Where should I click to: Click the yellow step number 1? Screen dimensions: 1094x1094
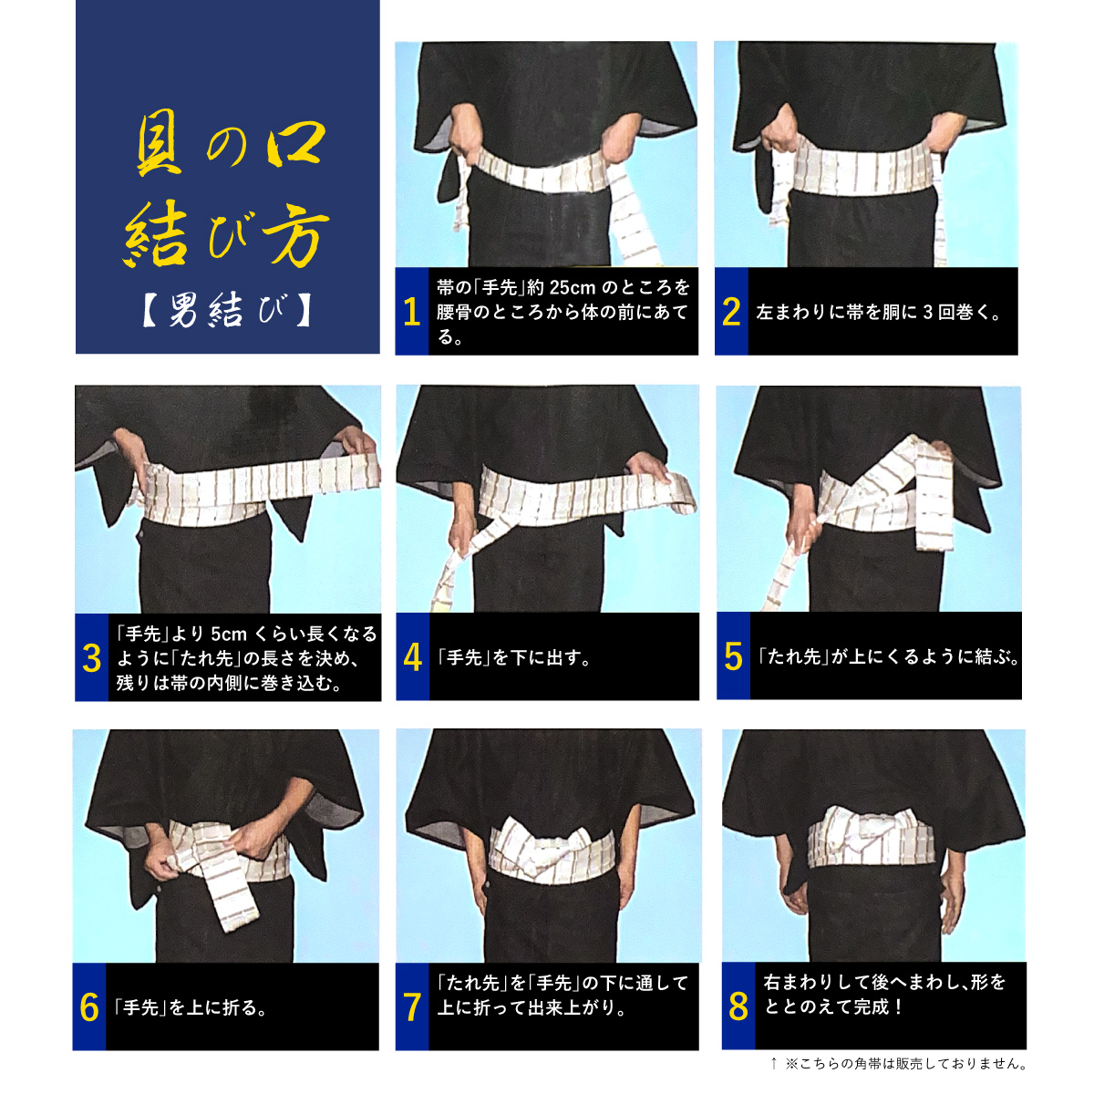(x=411, y=313)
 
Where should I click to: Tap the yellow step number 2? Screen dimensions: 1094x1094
(x=731, y=313)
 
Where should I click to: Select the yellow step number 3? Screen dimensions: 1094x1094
(x=91, y=658)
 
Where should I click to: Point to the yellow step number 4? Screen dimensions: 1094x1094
(x=413, y=657)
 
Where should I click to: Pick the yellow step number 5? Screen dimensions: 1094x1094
(x=733, y=656)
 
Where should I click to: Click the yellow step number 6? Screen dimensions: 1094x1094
(x=89, y=1007)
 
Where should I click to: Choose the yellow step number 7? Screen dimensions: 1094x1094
(x=412, y=1007)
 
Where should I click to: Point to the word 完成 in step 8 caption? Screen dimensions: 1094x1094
(x=871, y=1006)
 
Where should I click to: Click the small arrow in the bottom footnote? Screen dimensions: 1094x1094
(x=773, y=1063)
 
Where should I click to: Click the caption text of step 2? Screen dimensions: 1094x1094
(x=878, y=313)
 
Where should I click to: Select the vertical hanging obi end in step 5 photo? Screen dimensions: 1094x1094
(x=933, y=493)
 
